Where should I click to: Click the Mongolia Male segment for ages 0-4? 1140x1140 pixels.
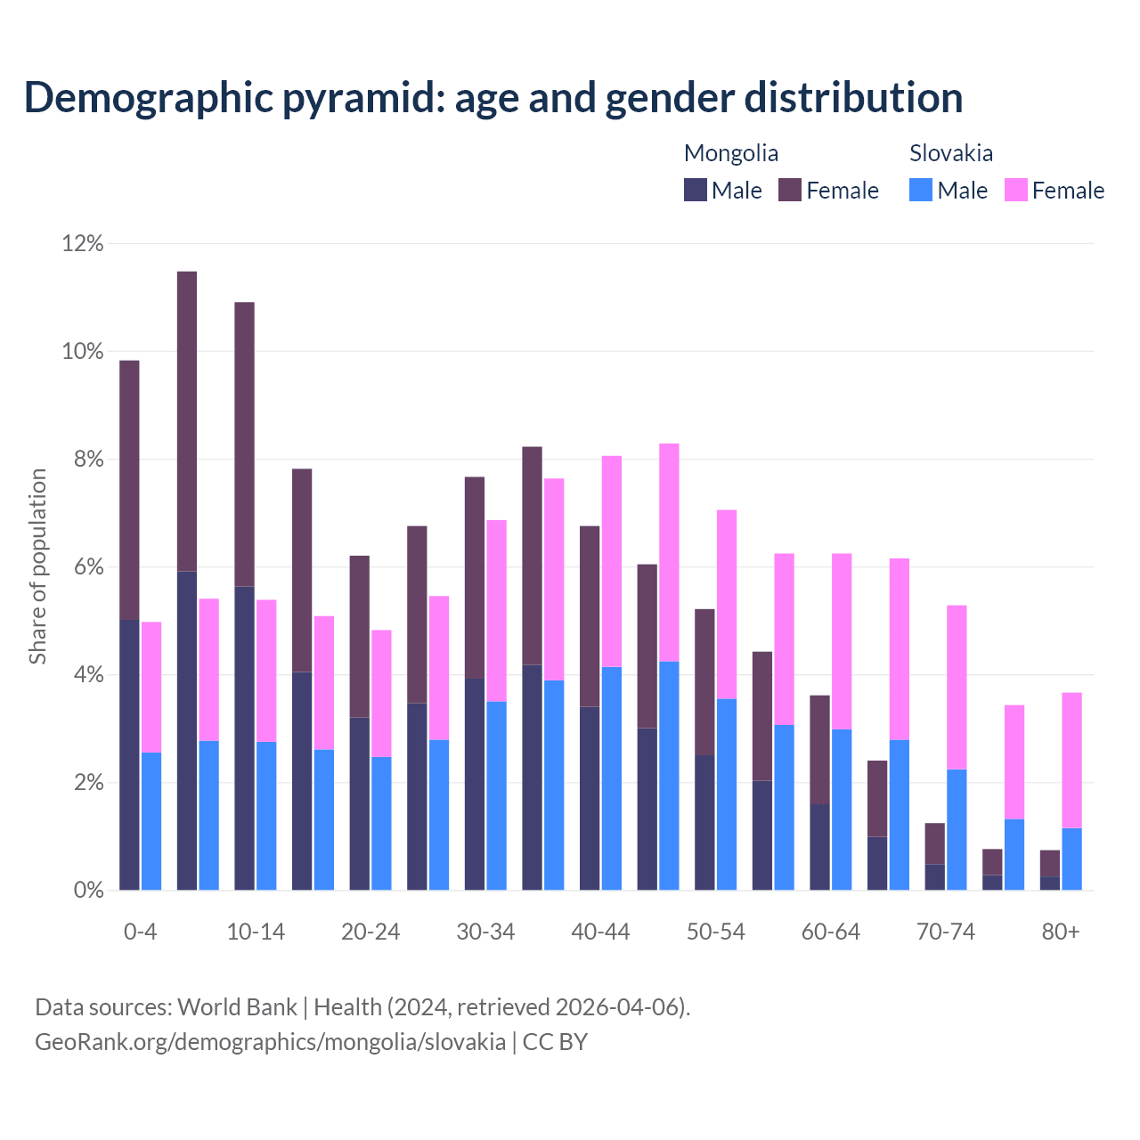pyautogui.click(x=129, y=754)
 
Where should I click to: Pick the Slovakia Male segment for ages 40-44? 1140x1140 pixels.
pyautogui.click(x=612, y=778)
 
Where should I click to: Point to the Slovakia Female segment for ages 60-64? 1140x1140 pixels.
pyautogui.click(x=842, y=641)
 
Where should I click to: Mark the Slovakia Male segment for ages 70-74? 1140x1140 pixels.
pyautogui.click(x=957, y=829)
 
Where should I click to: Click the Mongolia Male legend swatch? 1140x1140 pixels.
pyautogui.click(x=695, y=191)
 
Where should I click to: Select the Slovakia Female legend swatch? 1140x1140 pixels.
pyautogui.click(x=1015, y=191)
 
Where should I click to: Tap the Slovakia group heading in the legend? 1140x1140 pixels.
pyautogui.click(x=950, y=153)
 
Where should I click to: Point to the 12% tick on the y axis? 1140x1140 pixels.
pyautogui.click(x=83, y=243)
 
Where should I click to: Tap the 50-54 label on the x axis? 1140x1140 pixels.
pyautogui.click(x=715, y=932)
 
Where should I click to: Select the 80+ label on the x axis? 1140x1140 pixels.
pyautogui.click(x=1061, y=932)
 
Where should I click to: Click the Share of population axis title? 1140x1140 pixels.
pyautogui.click(x=38, y=566)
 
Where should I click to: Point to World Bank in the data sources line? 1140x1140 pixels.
pyautogui.click(x=237, y=1007)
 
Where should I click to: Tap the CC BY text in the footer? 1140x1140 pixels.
pyautogui.click(x=555, y=1042)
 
